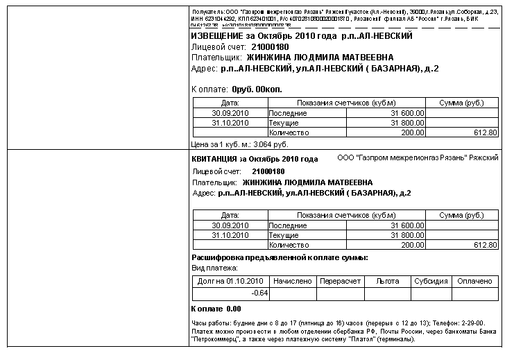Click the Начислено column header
(x=293, y=282)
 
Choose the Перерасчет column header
(x=339, y=282)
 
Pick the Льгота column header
(x=384, y=282)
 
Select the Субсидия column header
(x=431, y=282)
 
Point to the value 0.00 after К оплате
(x=234, y=309)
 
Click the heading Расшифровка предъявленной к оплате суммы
(x=279, y=258)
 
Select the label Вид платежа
(x=214, y=268)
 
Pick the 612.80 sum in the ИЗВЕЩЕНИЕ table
(x=485, y=132)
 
